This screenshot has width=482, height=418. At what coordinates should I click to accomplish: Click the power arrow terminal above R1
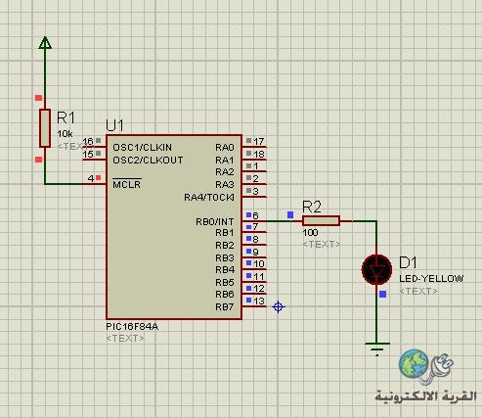tap(45, 42)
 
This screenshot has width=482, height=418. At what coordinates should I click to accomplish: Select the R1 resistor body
tap(45, 128)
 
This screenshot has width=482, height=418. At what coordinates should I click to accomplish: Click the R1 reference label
tap(66, 117)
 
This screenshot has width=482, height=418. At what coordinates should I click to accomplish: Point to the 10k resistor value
tap(65, 134)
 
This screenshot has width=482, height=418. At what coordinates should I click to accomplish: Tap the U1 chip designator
tap(114, 125)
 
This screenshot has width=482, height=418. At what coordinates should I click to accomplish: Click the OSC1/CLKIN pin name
tap(142, 148)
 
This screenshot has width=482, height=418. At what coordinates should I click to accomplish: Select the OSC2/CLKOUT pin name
tap(148, 161)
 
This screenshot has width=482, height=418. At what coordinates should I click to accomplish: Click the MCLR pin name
tap(127, 184)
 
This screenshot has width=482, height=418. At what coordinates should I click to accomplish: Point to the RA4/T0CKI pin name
tap(209, 198)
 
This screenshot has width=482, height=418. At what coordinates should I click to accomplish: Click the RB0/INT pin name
tap(215, 222)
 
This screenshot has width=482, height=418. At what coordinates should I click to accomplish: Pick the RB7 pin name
tap(225, 307)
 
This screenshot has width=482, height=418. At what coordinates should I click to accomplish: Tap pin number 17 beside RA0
tap(259, 141)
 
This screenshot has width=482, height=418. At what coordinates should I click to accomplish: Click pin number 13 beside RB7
tap(259, 301)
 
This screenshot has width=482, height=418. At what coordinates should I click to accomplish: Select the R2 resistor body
tap(321, 221)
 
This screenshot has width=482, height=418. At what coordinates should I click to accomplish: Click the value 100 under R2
tap(310, 233)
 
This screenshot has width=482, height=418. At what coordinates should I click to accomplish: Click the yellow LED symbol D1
tap(376, 269)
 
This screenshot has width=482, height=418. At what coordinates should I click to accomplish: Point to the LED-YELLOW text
tap(431, 279)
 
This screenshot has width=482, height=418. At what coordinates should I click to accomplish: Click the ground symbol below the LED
tap(377, 348)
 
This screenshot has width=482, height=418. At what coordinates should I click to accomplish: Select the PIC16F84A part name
tap(132, 327)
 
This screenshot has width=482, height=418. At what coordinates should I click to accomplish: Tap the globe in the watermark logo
tap(414, 363)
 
